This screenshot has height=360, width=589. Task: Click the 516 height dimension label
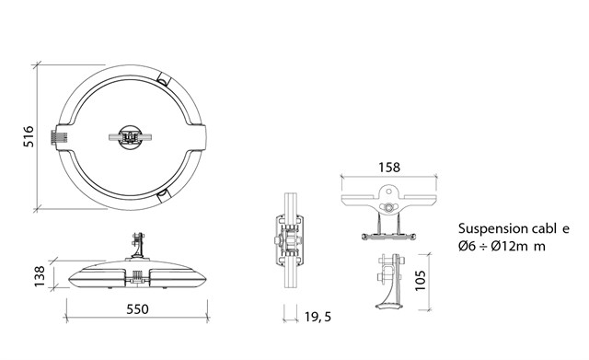(x=29, y=136)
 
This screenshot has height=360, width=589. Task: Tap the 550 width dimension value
(x=137, y=309)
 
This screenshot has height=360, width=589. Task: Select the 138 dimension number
(x=40, y=276)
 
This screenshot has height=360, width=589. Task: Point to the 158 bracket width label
(x=389, y=168)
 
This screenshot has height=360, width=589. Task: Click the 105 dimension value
(x=421, y=280)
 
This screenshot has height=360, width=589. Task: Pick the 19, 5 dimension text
(x=318, y=317)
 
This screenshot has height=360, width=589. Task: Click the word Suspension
(x=488, y=229)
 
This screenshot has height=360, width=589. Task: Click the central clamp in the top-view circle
(x=131, y=137)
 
